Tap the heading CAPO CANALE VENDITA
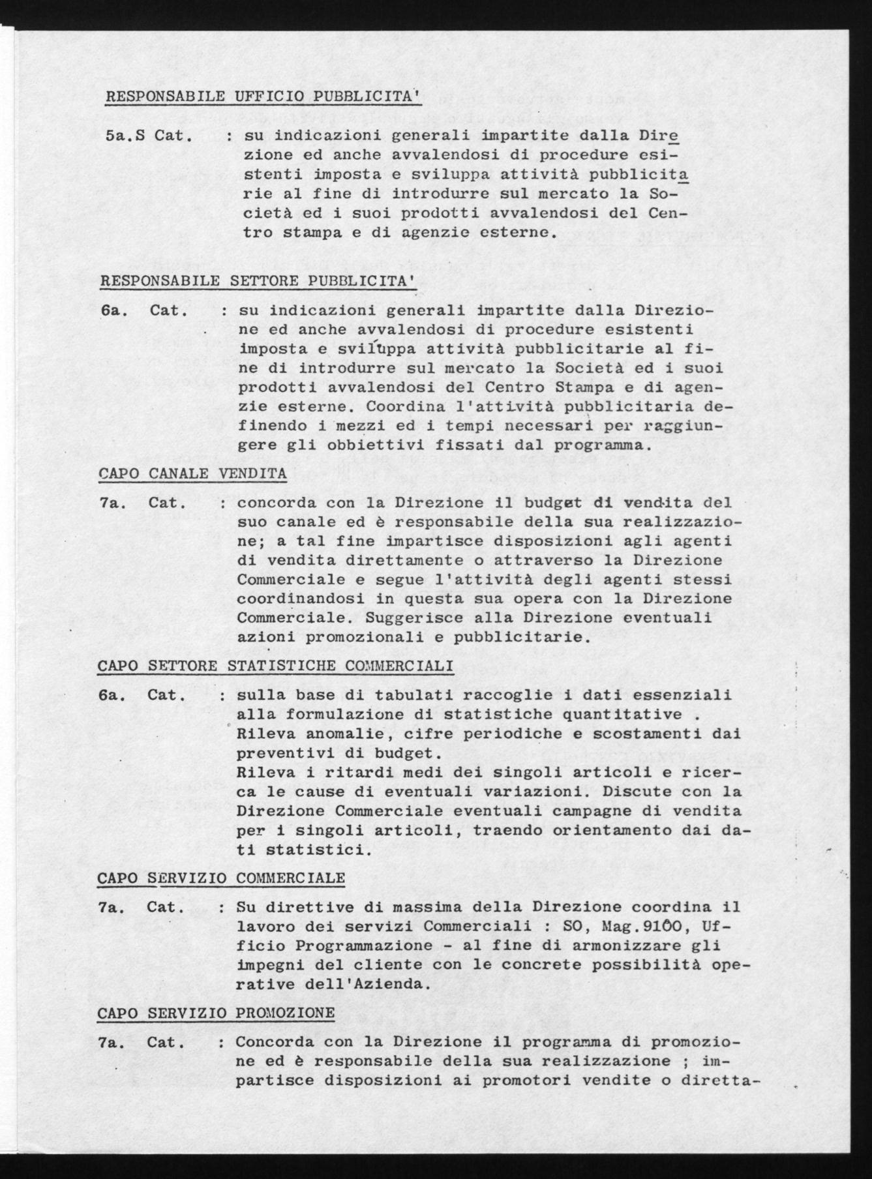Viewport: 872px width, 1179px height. [x=192, y=473]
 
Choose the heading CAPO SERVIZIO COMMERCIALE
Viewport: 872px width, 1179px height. [x=221, y=878]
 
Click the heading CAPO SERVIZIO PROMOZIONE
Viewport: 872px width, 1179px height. [x=216, y=1013]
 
